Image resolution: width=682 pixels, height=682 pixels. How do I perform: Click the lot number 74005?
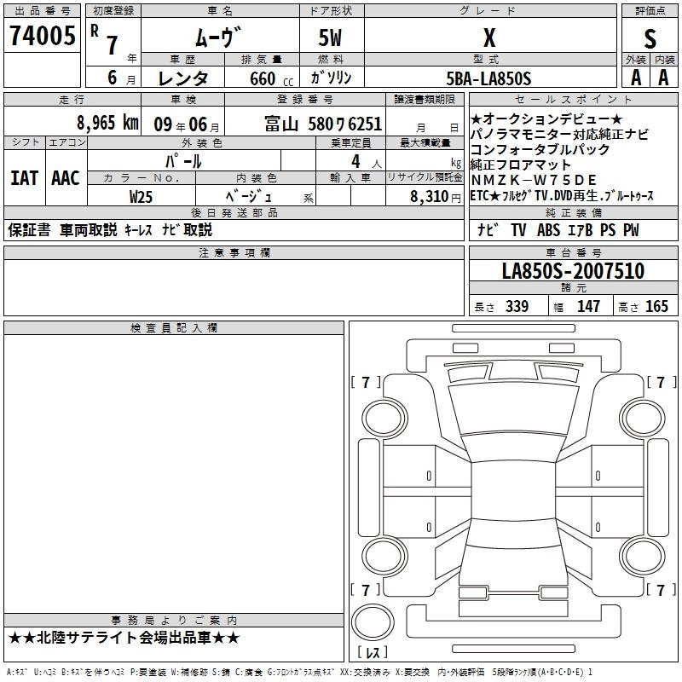pyautogui.click(x=41, y=37)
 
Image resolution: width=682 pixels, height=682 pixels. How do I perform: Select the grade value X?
pyautogui.click(x=488, y=37)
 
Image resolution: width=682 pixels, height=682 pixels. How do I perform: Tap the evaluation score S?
pyautogui.click(x=650, y=38)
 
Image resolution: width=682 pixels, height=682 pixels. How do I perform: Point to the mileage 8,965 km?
pyautogui.click(x=107, y=122)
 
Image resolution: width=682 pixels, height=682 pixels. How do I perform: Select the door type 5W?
pyautogui.click(x=332, y=37)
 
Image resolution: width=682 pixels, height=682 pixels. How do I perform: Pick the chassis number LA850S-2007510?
pyautogui.click(x=573, y=272)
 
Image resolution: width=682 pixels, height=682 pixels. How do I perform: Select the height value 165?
pyautogui.click(x=656, y=307)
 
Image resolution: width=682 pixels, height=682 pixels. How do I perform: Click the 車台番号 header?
pyautogui.click(x=573, y=253)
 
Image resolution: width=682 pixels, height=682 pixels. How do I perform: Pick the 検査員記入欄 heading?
pyautogui.click(x=174, y=328)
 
